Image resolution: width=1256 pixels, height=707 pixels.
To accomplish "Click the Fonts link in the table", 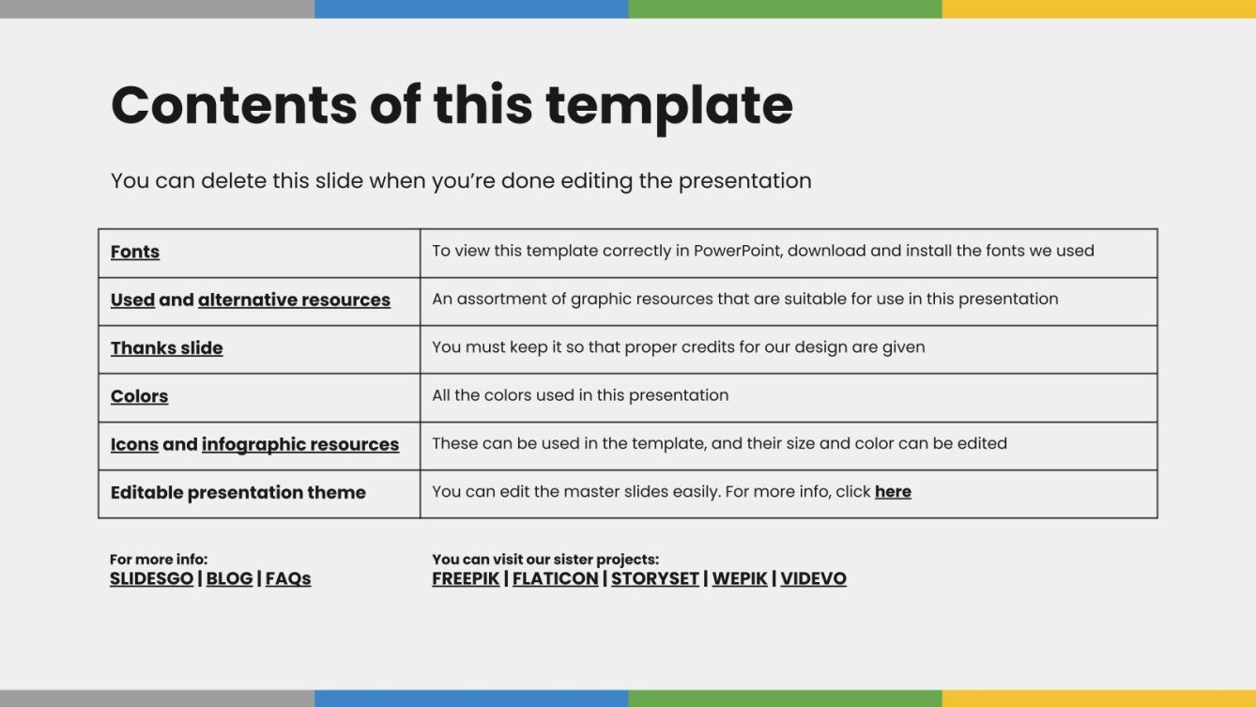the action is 135,252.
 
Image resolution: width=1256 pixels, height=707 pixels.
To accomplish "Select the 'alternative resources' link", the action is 295,300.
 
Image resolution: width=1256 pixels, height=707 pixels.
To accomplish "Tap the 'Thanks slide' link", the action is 166,348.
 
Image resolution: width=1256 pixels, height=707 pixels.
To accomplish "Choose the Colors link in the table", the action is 139,396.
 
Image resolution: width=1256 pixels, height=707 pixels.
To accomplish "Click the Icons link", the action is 134,445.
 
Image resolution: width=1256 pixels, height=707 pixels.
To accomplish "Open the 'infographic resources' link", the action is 300,445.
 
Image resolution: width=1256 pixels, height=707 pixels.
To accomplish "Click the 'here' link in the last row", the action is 894,492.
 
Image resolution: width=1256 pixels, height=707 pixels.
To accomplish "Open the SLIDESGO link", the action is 151,578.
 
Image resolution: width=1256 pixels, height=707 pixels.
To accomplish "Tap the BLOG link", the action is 229,578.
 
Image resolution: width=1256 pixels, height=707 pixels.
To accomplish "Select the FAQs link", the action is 288,578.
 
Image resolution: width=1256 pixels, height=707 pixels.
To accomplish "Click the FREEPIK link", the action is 466,578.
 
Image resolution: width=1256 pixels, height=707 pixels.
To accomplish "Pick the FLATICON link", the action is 555,578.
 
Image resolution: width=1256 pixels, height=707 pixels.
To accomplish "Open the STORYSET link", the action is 655,578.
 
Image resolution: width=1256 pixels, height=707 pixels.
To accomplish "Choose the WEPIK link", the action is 740,578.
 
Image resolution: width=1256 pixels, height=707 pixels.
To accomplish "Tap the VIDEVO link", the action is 814,578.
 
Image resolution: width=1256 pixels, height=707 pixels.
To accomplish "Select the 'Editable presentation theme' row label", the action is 238,493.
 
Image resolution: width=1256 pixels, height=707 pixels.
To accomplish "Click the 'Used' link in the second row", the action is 133,300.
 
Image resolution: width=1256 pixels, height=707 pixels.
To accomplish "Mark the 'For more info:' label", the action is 159,560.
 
